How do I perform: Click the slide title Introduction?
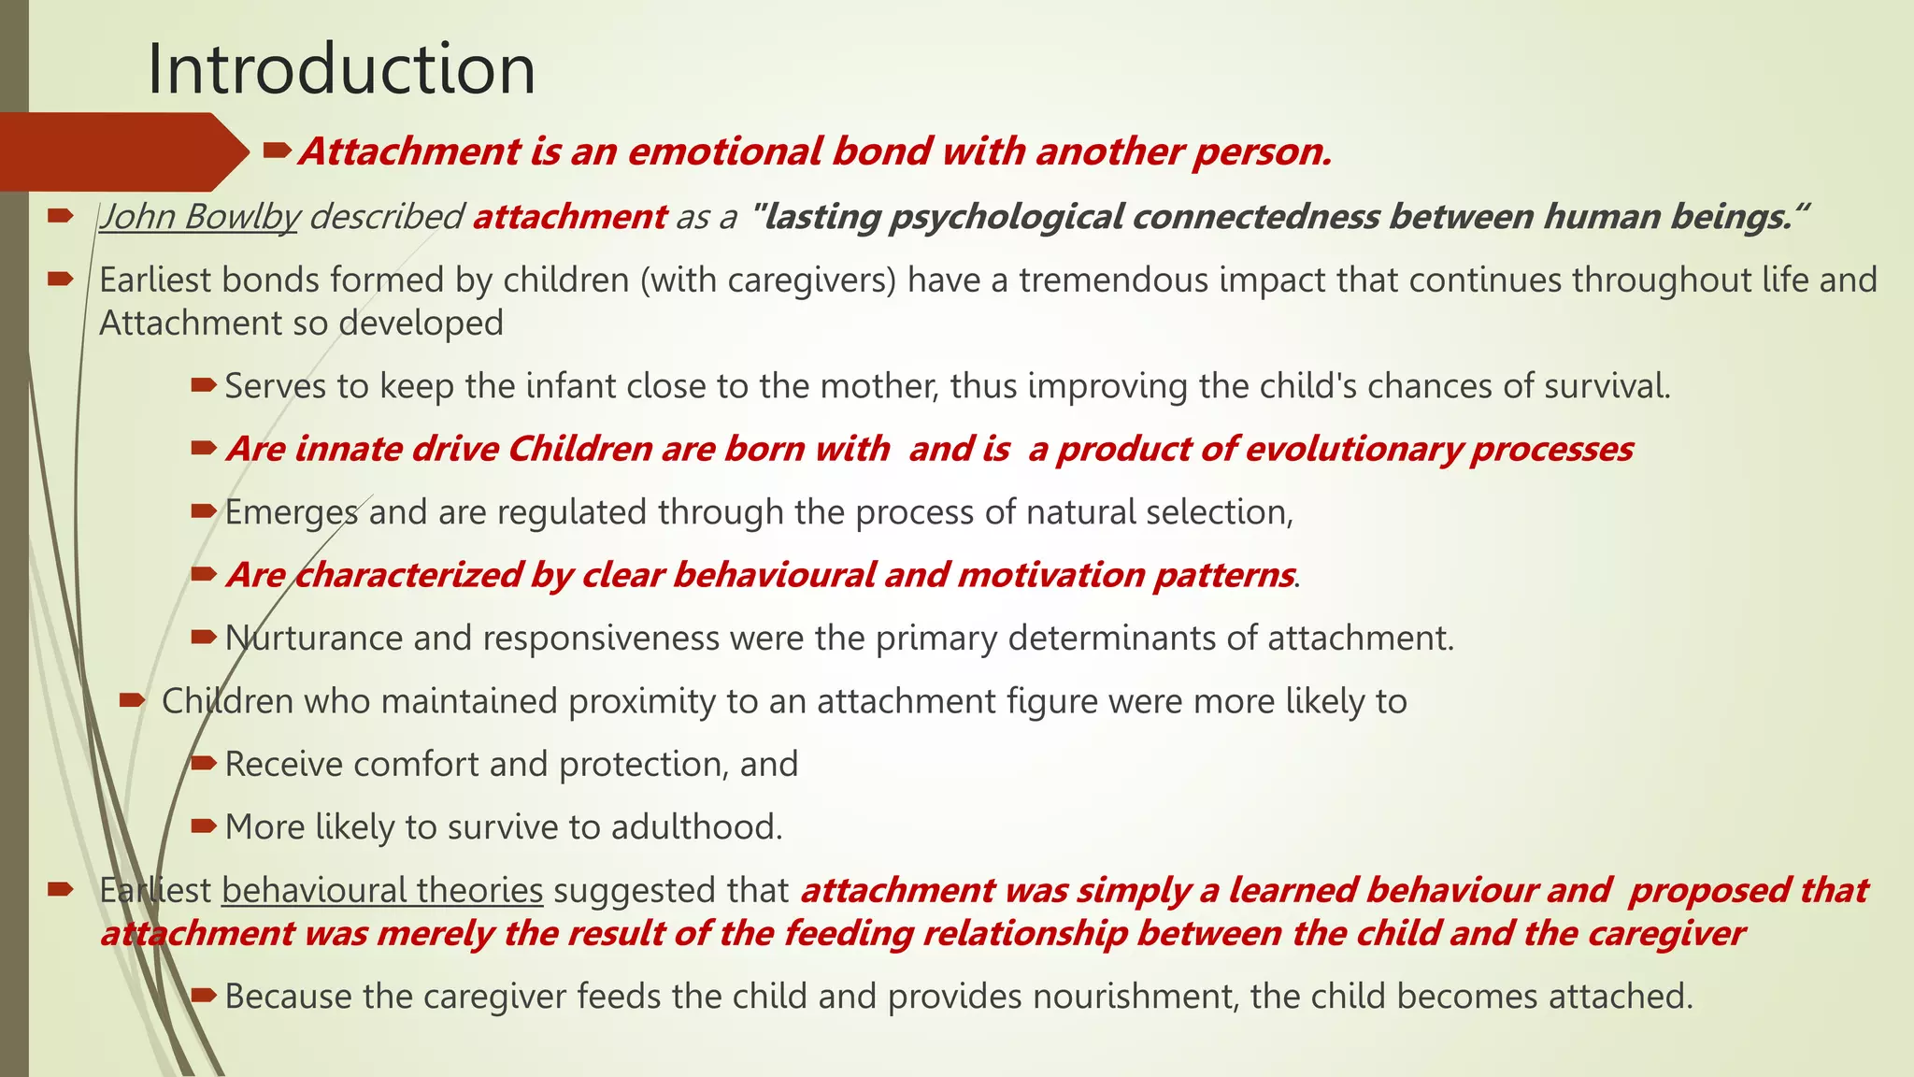click(x=341, y=69)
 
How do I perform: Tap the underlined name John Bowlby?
click(x=199, y=217)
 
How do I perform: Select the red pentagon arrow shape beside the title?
click(x=121, y=151)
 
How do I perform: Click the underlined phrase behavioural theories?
click(x=382, y=890)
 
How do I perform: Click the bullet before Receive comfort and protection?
click(x=204, y=764)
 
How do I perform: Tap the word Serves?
click(x=276, y=386)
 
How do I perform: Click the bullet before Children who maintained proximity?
click(x=132, y=700)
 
